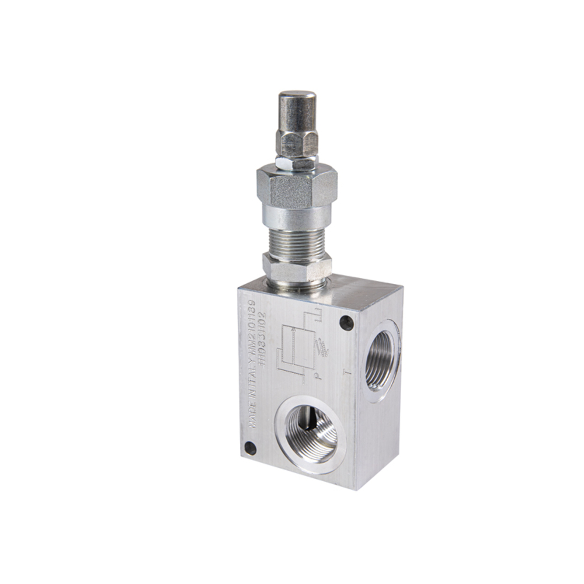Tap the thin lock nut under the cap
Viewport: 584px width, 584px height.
coord(297,161)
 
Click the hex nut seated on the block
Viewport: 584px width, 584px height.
coord(297,267)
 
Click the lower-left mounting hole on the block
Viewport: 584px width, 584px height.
coord(250,449)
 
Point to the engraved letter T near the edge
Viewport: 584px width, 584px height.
coord(347,372)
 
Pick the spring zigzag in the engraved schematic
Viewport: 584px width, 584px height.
coord(321,349)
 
